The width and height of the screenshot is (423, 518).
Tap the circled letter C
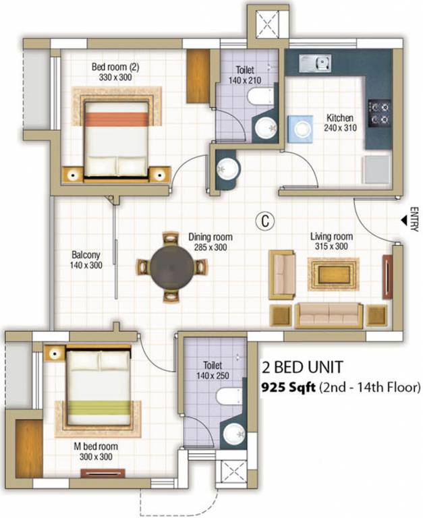tap(266, 220)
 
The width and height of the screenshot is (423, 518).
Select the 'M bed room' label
tap(96, 451)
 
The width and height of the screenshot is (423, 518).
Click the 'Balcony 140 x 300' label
tap(86, 260)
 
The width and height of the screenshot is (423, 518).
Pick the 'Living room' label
tap(331, 241)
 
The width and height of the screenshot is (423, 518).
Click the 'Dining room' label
tap(210, 242)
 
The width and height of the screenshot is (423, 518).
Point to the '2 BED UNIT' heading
tap(302, 368)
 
